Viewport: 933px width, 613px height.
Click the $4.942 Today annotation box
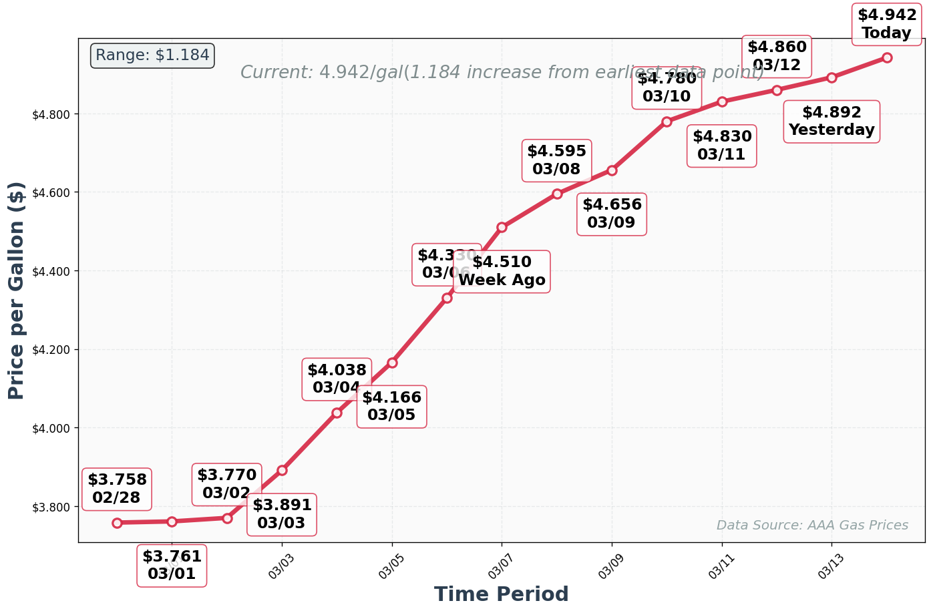[x=886, y=24]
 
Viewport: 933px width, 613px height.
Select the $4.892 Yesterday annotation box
[x=831, y=122]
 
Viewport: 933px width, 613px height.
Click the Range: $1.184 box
[x=152, y=55]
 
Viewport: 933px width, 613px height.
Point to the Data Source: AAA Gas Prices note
[x=811, y=526]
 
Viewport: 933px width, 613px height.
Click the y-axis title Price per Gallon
[x=17, y=290]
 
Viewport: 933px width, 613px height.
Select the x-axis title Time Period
[x=501, y=594]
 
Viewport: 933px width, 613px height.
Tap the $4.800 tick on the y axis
[x=51, y=114]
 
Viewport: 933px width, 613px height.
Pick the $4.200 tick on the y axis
[x=51, y=350]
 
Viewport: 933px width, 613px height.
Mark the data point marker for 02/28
[x=117, y=523]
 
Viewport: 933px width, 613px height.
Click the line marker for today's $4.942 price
[x=886, y=57]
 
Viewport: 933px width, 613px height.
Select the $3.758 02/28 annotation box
[x=117, y=489]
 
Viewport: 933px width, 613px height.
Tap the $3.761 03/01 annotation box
[x=172, y=566]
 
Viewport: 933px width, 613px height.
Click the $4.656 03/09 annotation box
[x=611, y=214]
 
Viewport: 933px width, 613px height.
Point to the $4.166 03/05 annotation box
[x=391, y=407]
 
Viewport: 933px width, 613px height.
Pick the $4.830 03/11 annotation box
[x=721, y=146]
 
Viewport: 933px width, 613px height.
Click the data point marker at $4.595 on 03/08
[x=556, y=194]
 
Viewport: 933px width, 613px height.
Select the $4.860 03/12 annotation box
[x=776, y=56]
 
